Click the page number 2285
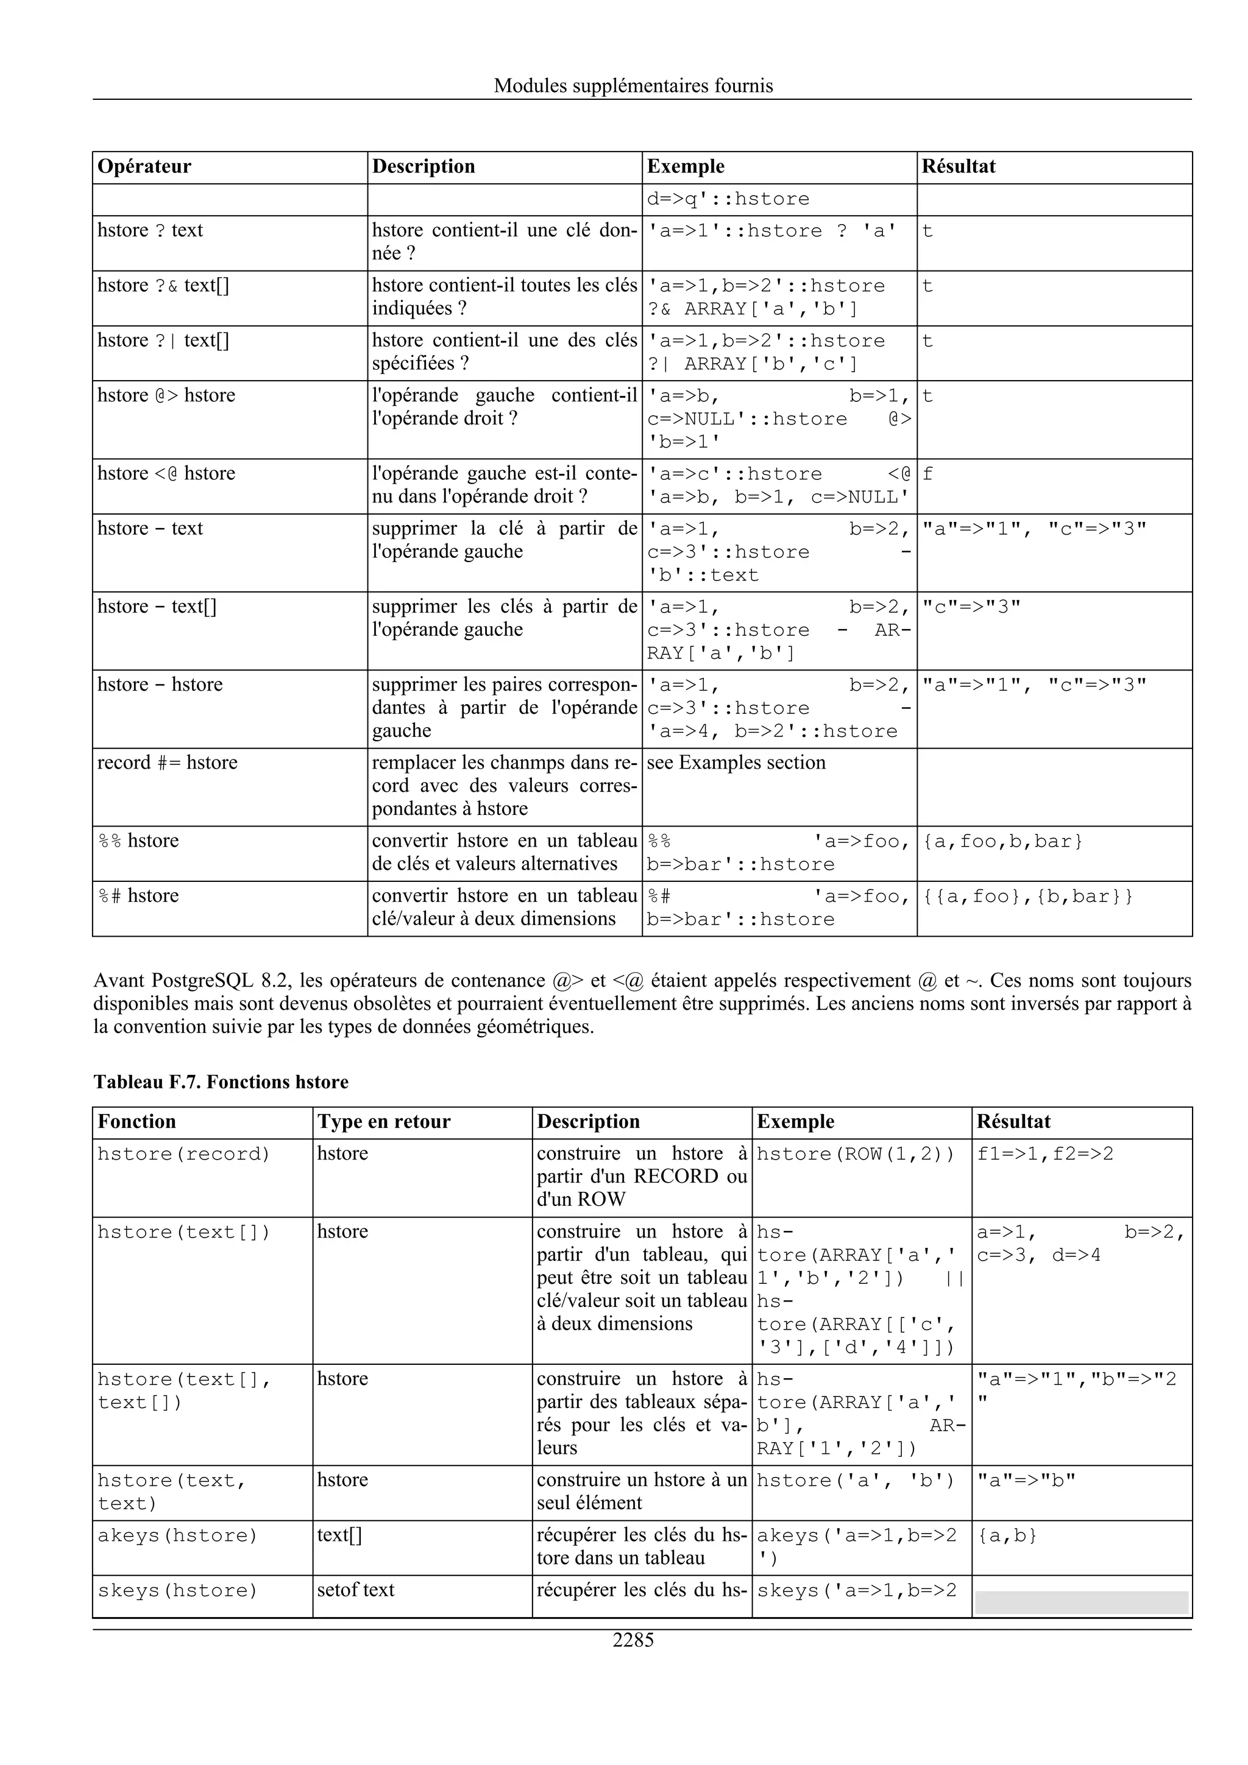[x=633, y=1640]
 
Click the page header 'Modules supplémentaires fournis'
[x=633, y=85]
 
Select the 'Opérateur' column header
[x=144, y=167]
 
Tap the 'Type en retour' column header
[x=384, y=1122]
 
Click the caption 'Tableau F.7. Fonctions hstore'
[x=221, y=1082]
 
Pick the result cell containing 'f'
[x=927, y=474]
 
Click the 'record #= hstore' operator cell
[x=168, y=763]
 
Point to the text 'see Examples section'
[x=736, y=763]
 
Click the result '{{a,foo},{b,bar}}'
[x=1027, y=897]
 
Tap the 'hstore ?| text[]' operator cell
[x=163, y=340]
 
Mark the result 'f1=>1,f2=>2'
[x=1045, y=1154]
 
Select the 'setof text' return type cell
[x=355, y=1590]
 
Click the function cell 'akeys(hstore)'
[x=177, y=1535]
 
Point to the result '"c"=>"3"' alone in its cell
[x=972, y=607]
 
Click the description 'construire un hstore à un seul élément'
[x=640, y=1492]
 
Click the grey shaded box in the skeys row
[x=1081, y=1602]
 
